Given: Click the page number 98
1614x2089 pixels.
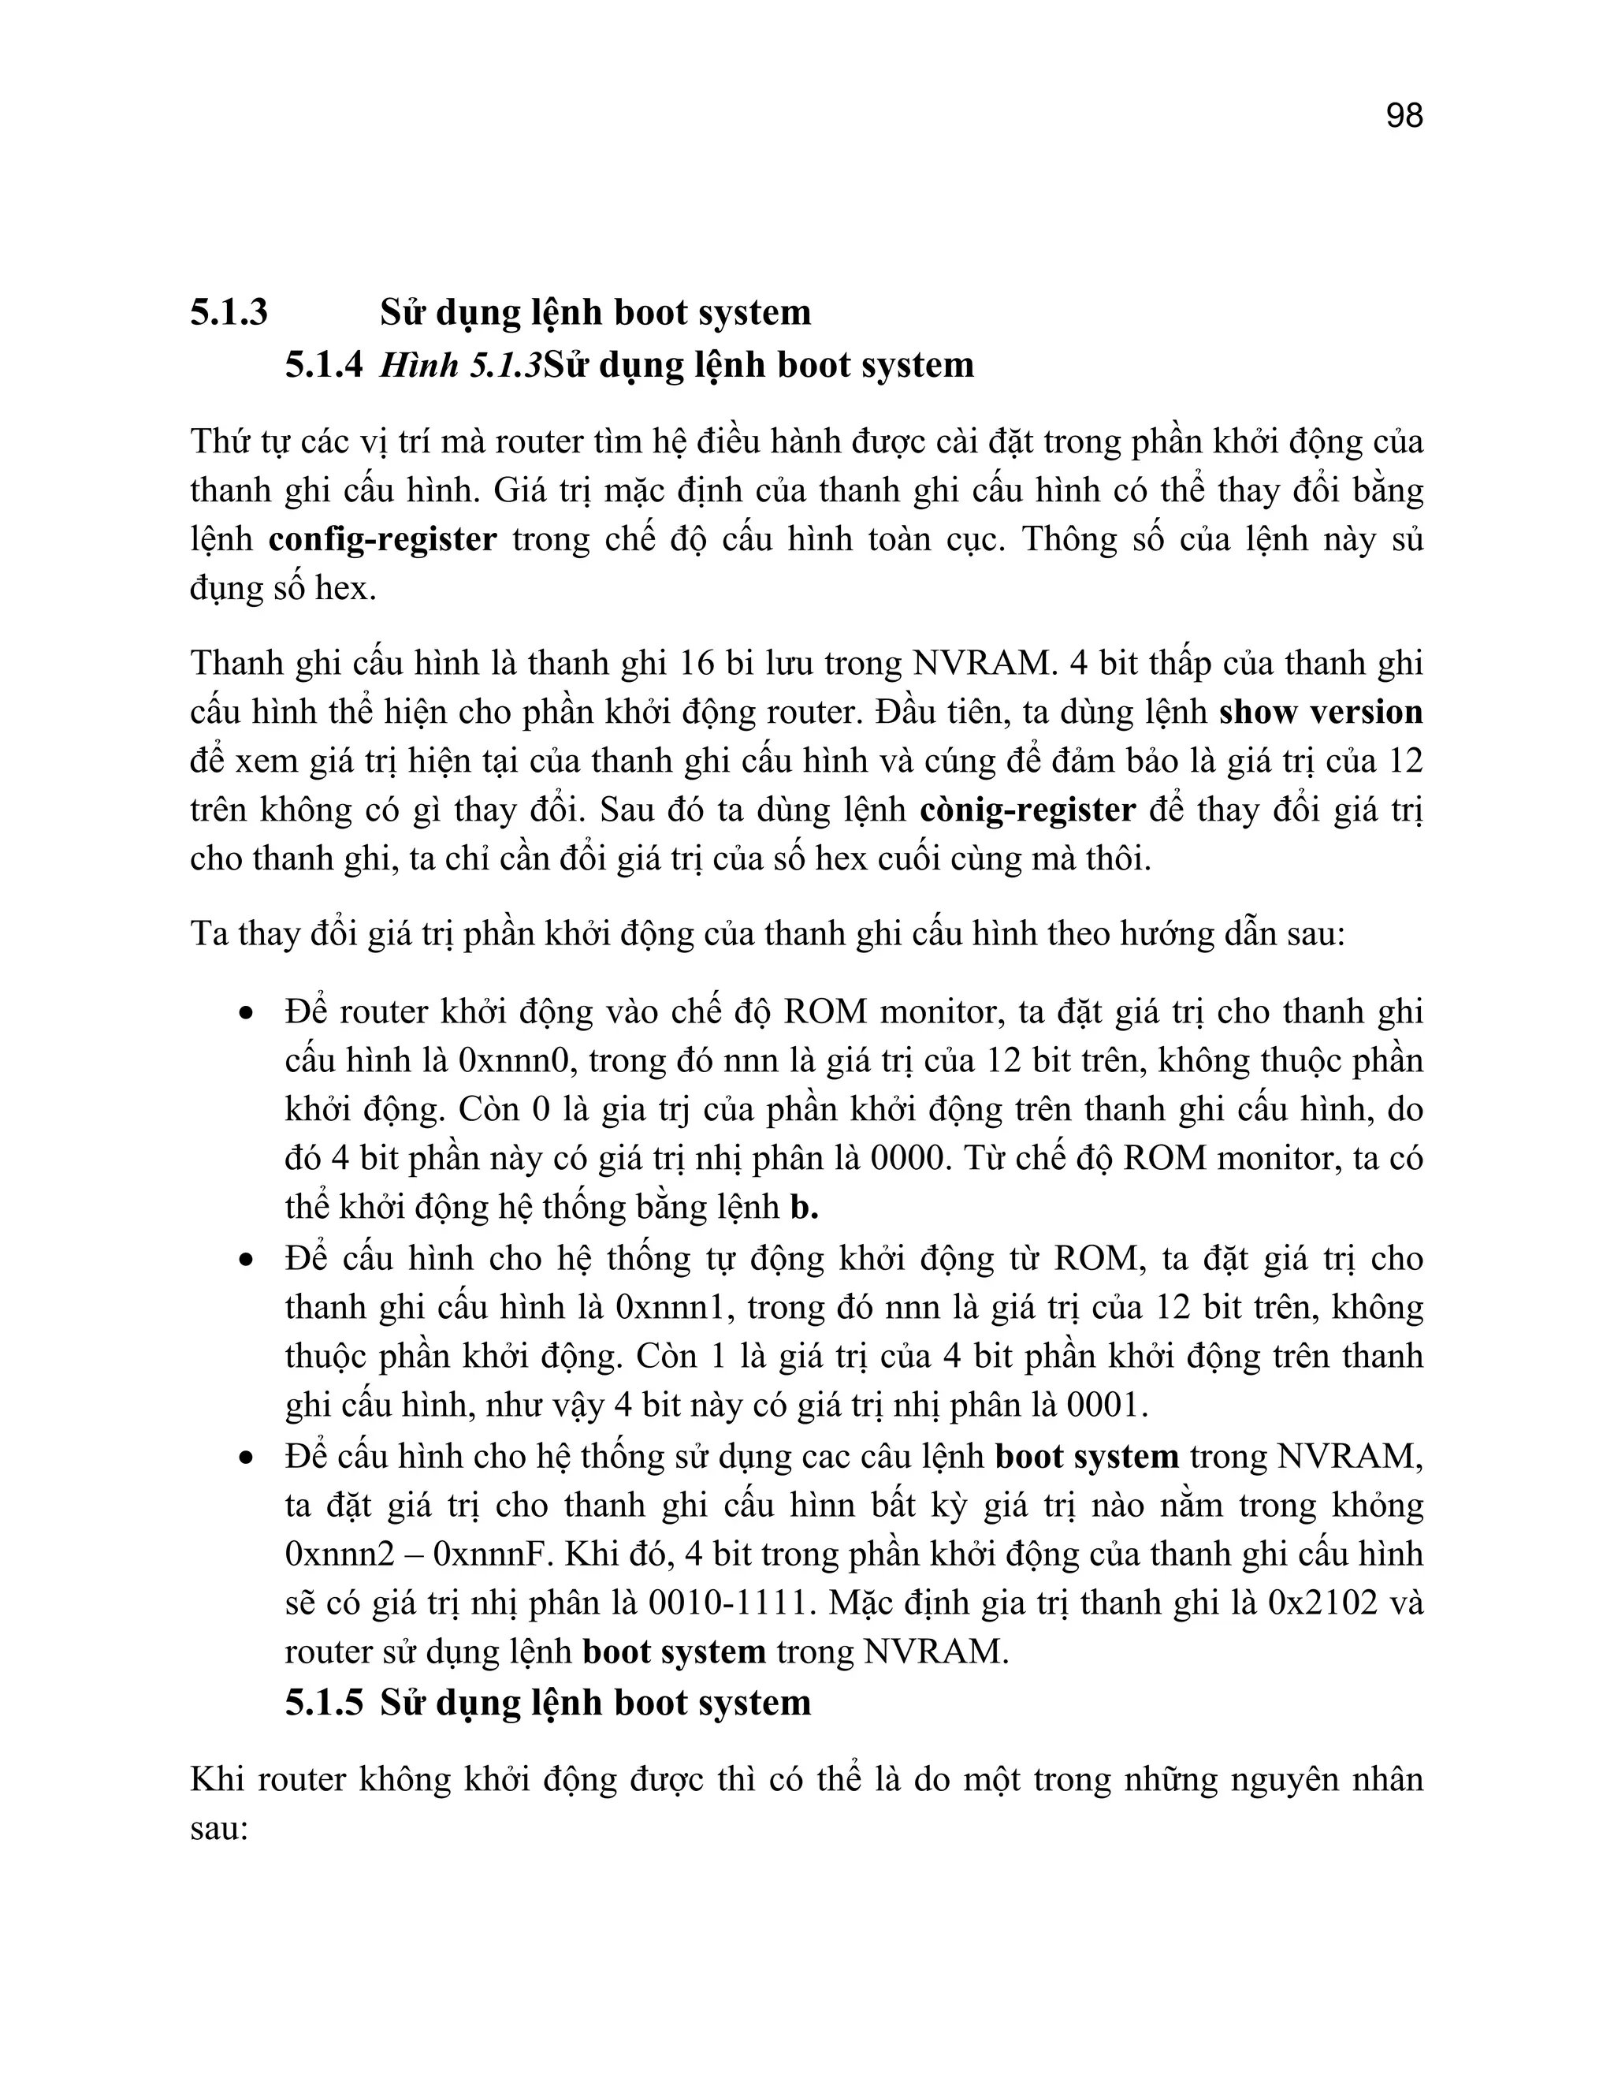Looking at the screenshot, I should point(1404,116).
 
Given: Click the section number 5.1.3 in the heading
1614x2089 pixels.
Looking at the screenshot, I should point(229,313).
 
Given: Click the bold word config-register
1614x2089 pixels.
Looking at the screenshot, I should point(382,539).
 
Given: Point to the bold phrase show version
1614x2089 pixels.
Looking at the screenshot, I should point(1321,713).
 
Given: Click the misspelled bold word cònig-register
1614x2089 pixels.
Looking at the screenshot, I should point(1027,810).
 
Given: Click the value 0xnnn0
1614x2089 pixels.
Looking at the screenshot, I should point(515,1061).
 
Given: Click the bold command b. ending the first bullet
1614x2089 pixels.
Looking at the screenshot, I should point(804,1208).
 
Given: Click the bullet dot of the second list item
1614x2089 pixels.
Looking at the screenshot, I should point(247,1260).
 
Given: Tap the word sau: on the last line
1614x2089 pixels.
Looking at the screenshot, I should point(219,1829).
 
